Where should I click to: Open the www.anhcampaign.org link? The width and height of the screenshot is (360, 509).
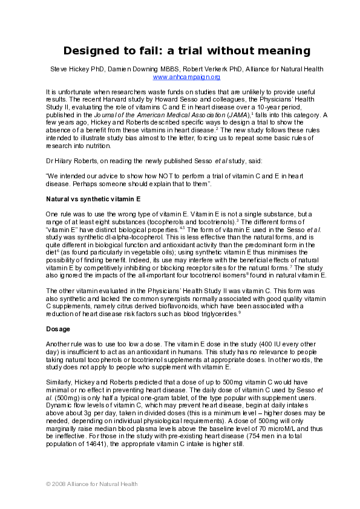point(186,77)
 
